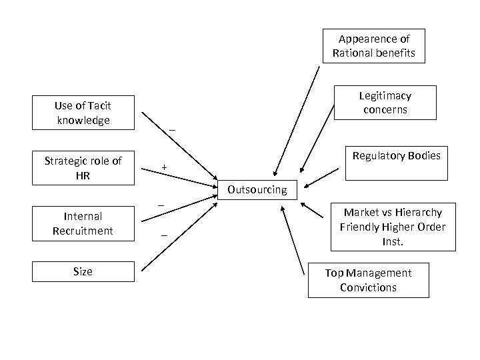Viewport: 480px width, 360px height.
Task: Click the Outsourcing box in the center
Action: point(257,189)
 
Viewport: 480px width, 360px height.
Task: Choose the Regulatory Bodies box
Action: point(396,163)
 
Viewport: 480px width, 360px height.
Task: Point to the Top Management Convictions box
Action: point(368,280)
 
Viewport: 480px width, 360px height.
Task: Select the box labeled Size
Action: point(83,271)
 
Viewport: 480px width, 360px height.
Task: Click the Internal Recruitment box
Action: point(83,223)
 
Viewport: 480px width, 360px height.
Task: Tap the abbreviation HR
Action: point(83,175)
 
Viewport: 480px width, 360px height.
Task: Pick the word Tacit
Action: point(97,105)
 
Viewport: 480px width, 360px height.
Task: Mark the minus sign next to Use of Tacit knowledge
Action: point(172,130)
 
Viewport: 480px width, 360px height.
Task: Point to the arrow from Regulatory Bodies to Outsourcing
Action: point(323,178)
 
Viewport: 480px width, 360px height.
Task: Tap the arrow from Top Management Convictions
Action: point(294,239)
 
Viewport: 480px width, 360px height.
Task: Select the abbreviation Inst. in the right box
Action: point(393,241)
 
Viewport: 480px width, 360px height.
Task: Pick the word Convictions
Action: point(368,288)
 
